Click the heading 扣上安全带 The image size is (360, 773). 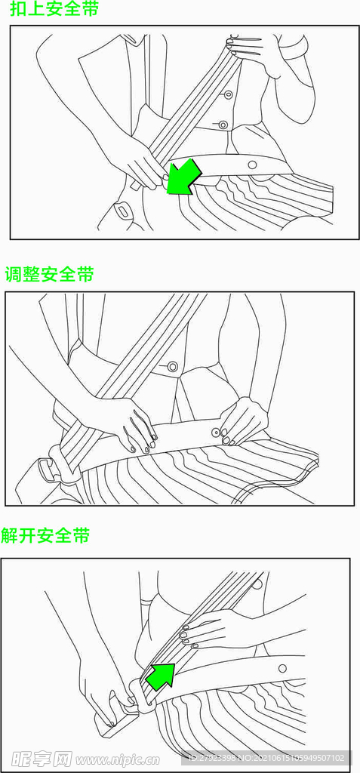pyautogui.click(x=54, y=9)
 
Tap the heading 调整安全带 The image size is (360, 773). pyautogui.click(x=49, y=274)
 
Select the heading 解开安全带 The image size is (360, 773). pyautogui.click(x=45, y=535)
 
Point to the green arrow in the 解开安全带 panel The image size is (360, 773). pyautogui.click(x=162, y=676)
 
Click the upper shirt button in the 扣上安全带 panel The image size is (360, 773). pyautogui.click(x=229, y=94)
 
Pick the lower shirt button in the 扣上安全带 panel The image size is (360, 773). pyautogui.click(x=223, y=125)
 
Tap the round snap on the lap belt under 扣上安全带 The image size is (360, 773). pyautogui.click(x=252, y=164)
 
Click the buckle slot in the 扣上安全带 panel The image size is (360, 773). pyautogui.click(x=122, y=211)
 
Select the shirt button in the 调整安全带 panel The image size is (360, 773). pyautogui.click(x=173, y=366)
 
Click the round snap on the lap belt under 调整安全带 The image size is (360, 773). pyautogui.click(x=216, y=433)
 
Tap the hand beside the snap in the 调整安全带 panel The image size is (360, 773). pyautogui.click(x=243, y=422)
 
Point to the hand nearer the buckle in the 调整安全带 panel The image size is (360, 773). pyautogui.click(x=129, y=425)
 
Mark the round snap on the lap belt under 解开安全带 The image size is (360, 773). pyautogui.click(x=282, y=668)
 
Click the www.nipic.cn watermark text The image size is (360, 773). pyautogui.click(x=118, y=759)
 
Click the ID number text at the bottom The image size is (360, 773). pyautogui.click(x=266, y=758)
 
